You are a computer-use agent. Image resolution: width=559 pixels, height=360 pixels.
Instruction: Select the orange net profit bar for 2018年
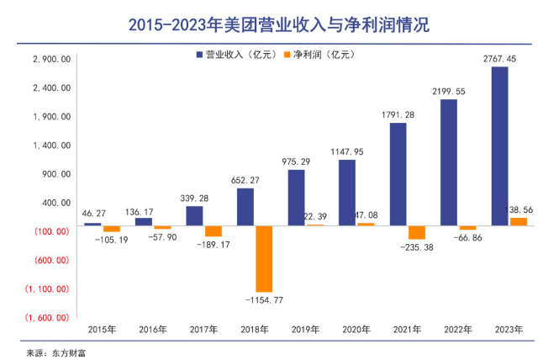[263, 258]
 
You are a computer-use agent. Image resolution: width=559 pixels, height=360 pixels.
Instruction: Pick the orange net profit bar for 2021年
[416, 232]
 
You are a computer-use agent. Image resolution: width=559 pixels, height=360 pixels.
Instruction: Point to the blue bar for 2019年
[296, 198]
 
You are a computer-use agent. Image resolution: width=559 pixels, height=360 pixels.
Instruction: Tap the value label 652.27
[245, 179]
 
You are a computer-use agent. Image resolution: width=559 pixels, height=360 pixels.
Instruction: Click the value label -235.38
[416, 247]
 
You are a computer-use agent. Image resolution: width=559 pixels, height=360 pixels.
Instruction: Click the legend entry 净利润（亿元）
[319, 55]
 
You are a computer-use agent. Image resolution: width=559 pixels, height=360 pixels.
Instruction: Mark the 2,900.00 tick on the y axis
[51, 60]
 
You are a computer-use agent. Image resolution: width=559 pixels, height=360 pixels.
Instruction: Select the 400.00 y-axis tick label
[55, 203]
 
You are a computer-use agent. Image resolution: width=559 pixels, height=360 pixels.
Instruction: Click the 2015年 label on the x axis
[103, 330]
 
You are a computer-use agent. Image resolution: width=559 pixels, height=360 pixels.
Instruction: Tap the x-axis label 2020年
[356, 330]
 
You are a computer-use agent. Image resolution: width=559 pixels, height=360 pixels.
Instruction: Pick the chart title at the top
[278, 24]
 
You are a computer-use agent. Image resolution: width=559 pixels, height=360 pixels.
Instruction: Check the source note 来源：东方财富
[56, 352]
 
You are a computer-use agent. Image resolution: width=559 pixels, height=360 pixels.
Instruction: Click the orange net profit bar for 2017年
[213, 231]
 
